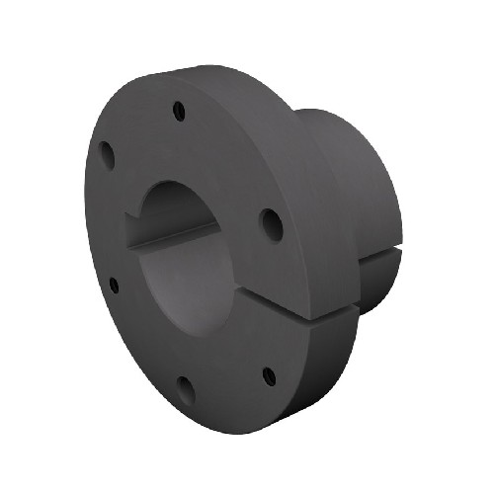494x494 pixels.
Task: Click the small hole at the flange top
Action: click(x=178, y=110)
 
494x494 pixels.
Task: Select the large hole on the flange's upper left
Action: click(x=106, y=153)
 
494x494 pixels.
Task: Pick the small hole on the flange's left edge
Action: click(x=114, y=286)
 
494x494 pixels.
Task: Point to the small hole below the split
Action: click(x=268, y=375)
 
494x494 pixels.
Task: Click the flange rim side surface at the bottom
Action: click(x=296, y=395)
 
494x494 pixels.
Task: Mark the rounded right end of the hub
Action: click(x=390, y=198)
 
